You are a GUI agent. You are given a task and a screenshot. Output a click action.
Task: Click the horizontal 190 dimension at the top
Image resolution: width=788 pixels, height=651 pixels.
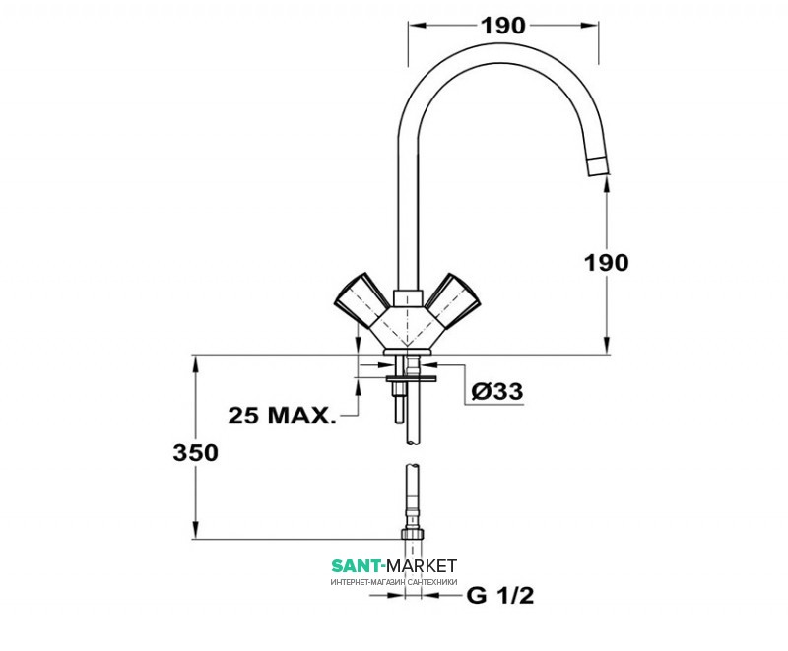pos(503,26)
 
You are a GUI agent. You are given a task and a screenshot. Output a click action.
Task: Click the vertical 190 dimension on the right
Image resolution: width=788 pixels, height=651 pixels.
pos(606,262)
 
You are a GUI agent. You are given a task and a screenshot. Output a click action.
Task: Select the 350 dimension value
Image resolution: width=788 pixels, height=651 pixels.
pos(195,452)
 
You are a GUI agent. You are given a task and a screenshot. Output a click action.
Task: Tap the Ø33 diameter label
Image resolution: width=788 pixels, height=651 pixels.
pos(496,391)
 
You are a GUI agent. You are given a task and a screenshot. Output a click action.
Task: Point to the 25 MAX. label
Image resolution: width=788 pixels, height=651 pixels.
pos(282,415)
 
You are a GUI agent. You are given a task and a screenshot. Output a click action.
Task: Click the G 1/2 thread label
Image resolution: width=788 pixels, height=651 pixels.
pos(500,596)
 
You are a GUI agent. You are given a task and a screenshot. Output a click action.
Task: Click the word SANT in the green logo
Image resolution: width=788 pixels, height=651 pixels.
pos(359,566)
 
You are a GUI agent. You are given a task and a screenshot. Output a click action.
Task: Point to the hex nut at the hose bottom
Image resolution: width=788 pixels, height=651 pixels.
pos(414,533)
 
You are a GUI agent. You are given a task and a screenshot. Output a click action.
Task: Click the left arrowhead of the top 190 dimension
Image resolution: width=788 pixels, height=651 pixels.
pos(414,27)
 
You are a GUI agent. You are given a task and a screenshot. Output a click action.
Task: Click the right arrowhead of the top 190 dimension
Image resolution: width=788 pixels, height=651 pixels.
pos(595,27)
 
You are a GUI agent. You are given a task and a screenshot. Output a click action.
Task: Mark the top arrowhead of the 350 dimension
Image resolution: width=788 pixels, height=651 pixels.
pos(195,360)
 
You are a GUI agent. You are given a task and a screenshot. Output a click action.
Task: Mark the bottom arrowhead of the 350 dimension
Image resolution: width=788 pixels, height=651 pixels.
pos(195,532)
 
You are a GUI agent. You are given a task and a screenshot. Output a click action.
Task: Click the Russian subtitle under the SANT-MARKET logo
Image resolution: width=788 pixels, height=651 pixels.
pos(394,582)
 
